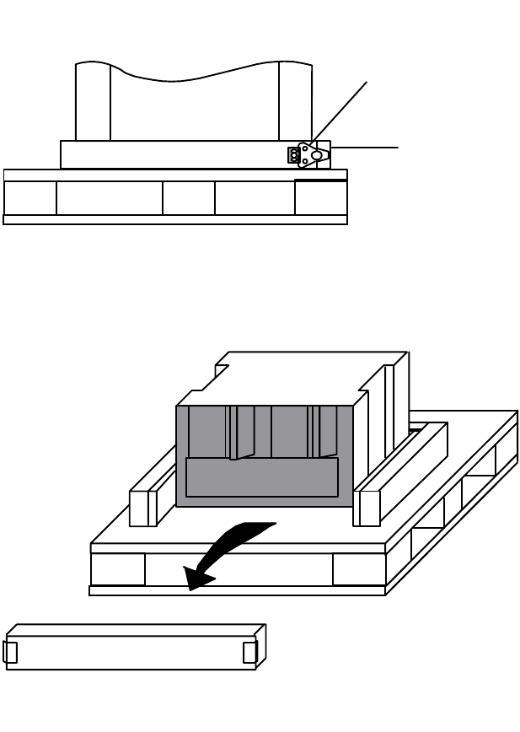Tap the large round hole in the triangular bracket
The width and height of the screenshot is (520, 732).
click(316, 155)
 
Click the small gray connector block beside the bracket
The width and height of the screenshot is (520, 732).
click(293, 155)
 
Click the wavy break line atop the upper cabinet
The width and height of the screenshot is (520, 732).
click(194, 74)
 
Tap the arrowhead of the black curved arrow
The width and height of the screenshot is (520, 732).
click(197, 579)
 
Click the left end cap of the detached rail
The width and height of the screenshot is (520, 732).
click(10, 652)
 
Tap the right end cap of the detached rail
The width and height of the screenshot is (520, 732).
click(249, 652)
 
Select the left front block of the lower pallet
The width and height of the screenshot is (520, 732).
click(118, 569)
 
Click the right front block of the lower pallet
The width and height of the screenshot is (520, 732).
click(359, 569)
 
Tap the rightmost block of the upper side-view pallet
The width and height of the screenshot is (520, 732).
click(320, 198)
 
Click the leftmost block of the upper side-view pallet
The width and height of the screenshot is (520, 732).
click(30, 198)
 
